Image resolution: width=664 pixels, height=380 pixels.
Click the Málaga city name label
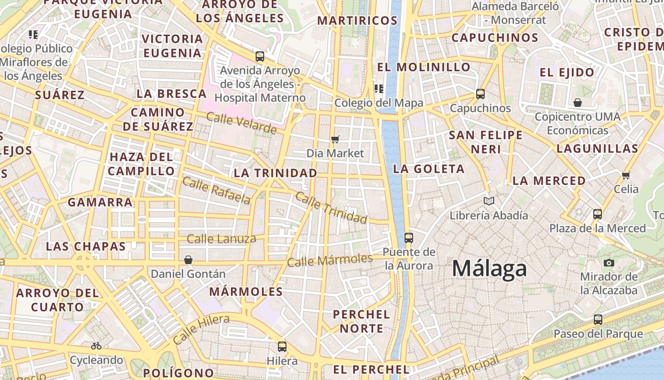pyautogui.click(x=489, y=269)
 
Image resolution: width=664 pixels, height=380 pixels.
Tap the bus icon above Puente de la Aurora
pyautogui.click(x=408, y=237)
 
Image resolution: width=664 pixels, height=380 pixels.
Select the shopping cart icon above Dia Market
pyautogui.click(x=335, y=139)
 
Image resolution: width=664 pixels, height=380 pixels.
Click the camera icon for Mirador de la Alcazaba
pyautogui.click(x=609, y=263)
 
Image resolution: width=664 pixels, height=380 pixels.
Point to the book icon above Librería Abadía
pyautogui.click(x=489, y=201)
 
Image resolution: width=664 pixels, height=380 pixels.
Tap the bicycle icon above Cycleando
pyautogui.click(x=96, y=346)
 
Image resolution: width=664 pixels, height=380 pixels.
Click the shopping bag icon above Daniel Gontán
pyautogui.click(x=188, y=260)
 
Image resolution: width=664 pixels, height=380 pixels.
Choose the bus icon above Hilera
pyautogui.click(x=282, y=346)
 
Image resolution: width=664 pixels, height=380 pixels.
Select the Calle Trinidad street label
pyautogui.click(x=331, y=208)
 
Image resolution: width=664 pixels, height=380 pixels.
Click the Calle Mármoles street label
pyautogui.click(x=330, y=260)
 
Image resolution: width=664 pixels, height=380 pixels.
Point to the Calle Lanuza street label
pyautogui.click(x=221, y=238)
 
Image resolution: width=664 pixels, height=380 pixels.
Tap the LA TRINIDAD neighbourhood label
pyautogui.click(x=275, y=173)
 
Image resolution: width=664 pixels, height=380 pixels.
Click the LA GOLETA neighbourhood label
pyautogui.click(x=429, y=169)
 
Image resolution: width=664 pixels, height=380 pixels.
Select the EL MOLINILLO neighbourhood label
pyautogui.click(x=424, y=67)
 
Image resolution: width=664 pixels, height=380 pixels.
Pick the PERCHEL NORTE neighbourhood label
pyautogui.click(x=361, y=321)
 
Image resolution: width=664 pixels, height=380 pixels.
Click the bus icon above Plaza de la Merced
pyautogui.click(x=598, y=214)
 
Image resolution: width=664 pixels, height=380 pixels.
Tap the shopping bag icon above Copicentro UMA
pyautogui.click(x=578, y=103)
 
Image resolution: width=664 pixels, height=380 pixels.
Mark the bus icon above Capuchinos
pyautogui.click(x=480, y=94)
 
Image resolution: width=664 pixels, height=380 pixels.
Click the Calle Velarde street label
pyautogui.click(x=241, y=123)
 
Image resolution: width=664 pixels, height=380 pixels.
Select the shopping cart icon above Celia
pyautogui.click(x=626, y=175)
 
